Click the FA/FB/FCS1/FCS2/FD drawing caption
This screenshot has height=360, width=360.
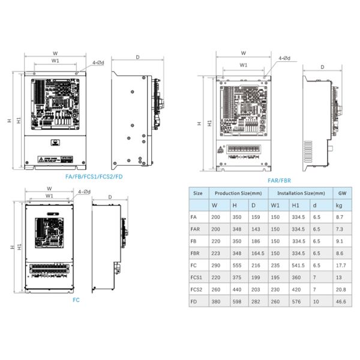[x=94, y=177]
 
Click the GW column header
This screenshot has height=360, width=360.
[x=341, y=193]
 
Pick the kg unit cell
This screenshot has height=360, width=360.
[x=341, y=205]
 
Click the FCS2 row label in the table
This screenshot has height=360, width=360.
[x=196, y=289]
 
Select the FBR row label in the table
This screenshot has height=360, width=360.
[x=194, y=253]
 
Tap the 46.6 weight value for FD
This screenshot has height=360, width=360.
[x=341, y=301]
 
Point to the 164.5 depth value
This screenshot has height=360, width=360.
[x=257, y=253]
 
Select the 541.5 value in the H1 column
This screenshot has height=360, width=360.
[x=298, y=265]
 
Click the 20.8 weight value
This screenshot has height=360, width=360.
[x=341, y=289]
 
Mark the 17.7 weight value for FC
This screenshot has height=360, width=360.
[x=341, y=265]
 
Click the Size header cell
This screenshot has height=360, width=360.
[x=197, y=193]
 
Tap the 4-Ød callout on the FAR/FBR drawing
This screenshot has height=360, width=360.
[x=284, y=58]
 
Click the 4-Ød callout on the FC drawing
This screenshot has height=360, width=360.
[x=84, y=191]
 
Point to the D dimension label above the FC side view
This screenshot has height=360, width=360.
[x=110, y=197]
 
